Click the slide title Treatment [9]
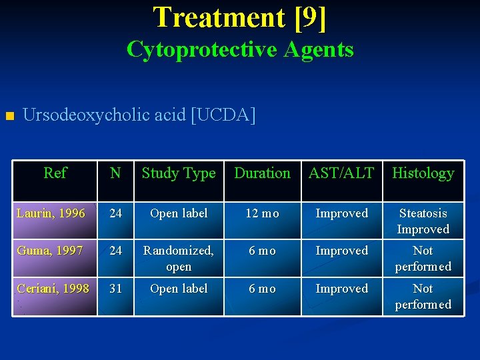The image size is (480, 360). click(x=240, y=17)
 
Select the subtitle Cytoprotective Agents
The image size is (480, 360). click(x=240, y=49)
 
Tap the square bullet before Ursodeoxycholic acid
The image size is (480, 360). click(x=9, y=117)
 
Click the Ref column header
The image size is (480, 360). click(x=55, y=173)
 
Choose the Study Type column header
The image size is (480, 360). click(x=179, y=173)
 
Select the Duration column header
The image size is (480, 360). click(x=262, y=173)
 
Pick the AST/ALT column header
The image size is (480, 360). click(x=341, y=173)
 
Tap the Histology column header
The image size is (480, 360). click(x=423, y=173)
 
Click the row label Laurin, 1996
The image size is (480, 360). click(x=51, y=213)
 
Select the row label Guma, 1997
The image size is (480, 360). click(x=50, y=251)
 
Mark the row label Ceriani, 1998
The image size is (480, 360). click(x=53, y=289)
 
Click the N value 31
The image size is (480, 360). click(x=115, y=289)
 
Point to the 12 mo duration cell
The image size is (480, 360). click(x=262, y=213)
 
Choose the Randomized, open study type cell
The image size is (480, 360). click(x=179, y=259)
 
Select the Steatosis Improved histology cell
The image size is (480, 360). click(x=423, y=221)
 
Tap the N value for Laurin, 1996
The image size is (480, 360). click(x=115, y=213)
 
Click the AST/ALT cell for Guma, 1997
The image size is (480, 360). click(x=341, y=251)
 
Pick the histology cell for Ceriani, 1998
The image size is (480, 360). click(x=423, y=297)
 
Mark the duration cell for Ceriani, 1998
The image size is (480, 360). click(x=262, y=289)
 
